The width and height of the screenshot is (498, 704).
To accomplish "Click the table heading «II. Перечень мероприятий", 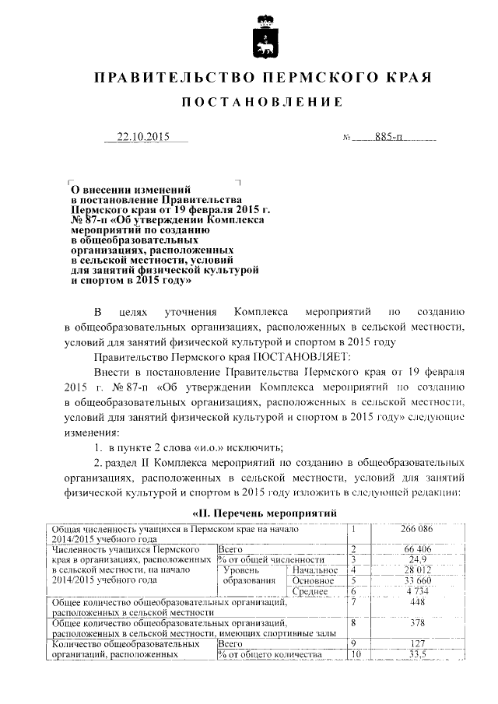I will pos(264,514).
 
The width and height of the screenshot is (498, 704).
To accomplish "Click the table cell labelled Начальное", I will pos(314,570).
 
